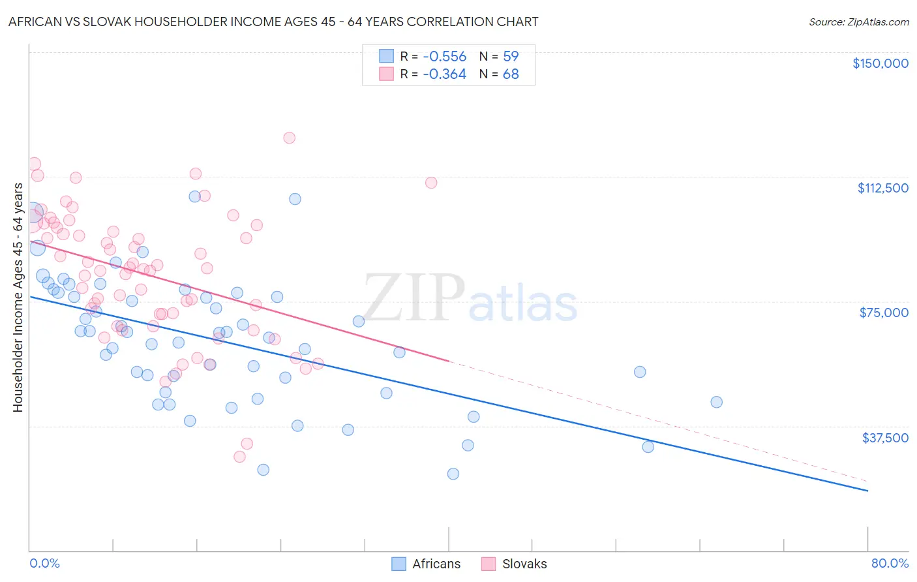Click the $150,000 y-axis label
tap(880, 63)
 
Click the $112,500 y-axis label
tap(882, 188)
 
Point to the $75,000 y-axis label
tap(884, 313)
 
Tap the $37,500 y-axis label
tap(885, 437)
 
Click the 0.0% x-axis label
tap(44, 563)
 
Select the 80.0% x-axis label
tap(890, 563)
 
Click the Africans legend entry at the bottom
tap(426, 564)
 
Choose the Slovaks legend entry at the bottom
tap(514, 564)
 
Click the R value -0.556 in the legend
tap(444, 56)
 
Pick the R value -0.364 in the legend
tap(444, 74)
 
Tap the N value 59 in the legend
tap(511, 56)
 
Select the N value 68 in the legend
tap(511, 74)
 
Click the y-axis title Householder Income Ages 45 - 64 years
tap(18, 298)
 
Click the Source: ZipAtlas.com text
tap(858, 22)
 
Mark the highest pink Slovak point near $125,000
tap(289, 138)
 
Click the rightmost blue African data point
tap(716, 402)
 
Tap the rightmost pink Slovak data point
tap(431, 183)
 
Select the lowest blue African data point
tap(453, 474)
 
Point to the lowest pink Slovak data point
tap(239, 457)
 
